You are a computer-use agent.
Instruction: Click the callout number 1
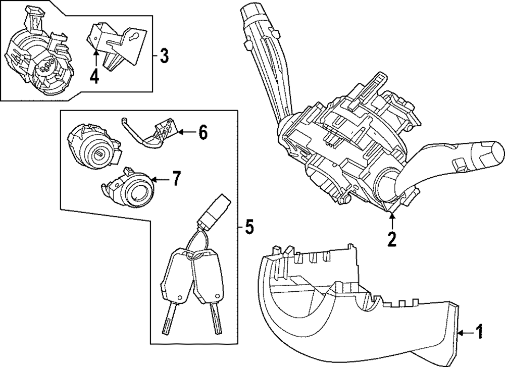point(479,332)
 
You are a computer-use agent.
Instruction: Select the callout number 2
point(392,239)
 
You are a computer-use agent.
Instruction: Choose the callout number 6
point(202,133)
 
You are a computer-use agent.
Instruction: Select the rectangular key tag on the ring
point(214,212)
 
